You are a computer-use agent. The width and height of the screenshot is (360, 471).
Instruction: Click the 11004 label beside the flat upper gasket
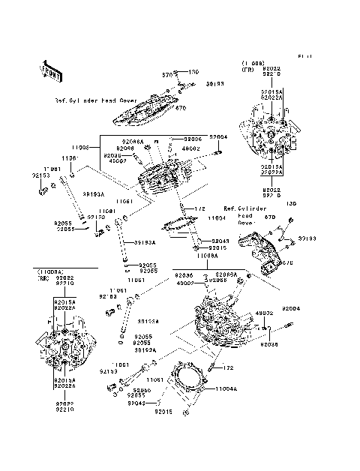[217, 217]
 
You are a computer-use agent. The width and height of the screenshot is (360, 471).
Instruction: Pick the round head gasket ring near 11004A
[185, 383]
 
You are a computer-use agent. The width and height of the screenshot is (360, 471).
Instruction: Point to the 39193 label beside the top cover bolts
[194, 85]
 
